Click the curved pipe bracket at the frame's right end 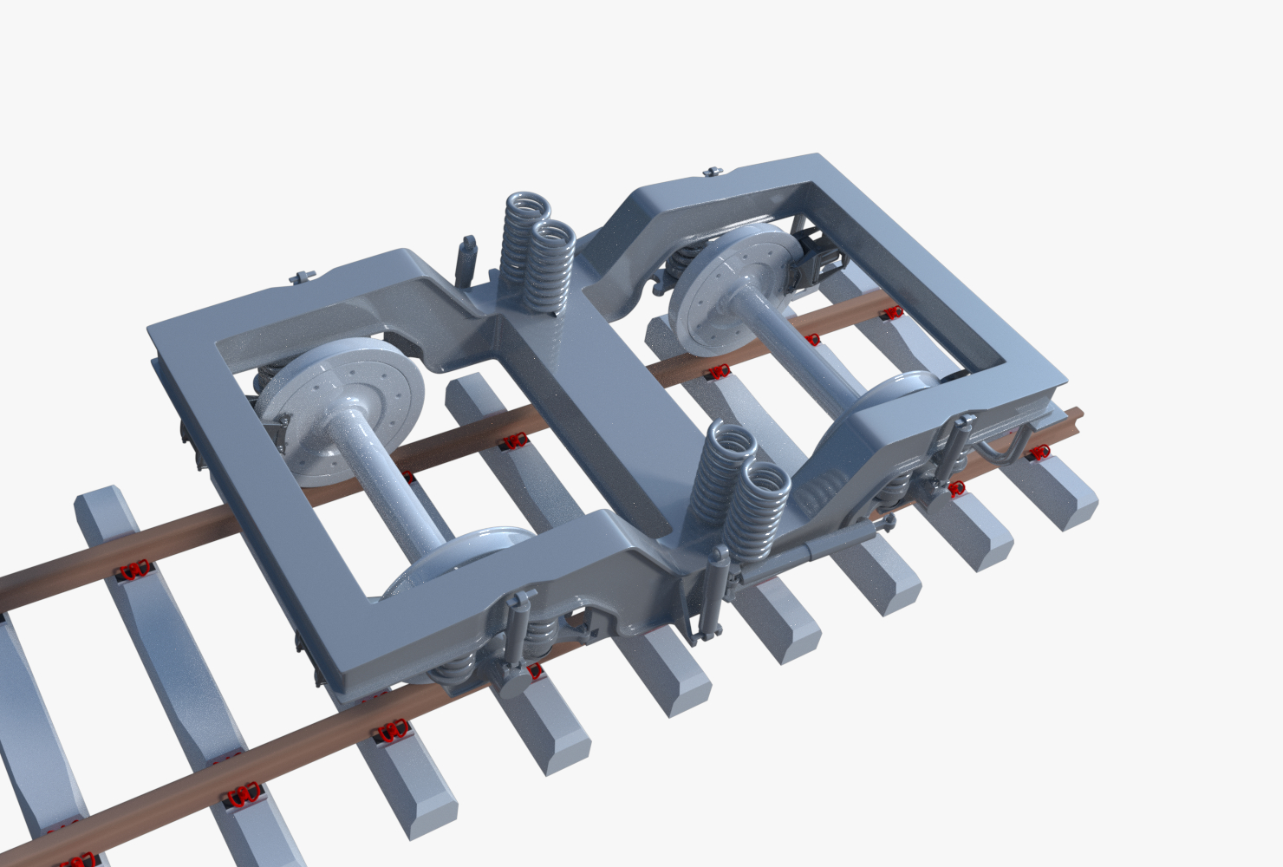(x=1006, y=442)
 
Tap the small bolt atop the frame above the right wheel (x=714, y=172)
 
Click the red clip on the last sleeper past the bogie (x=1039, y=453)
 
